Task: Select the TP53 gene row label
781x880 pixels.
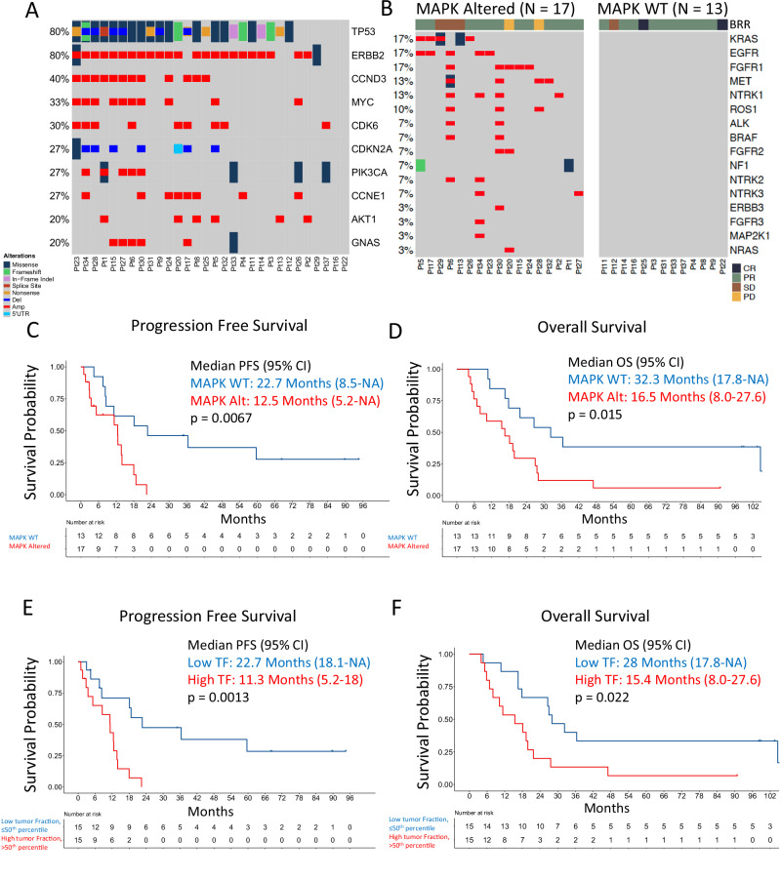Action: [363, 31]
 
